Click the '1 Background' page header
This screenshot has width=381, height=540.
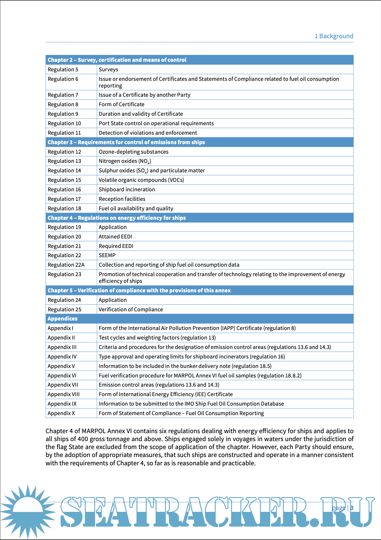click(334, 36)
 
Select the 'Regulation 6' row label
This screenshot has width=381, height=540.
click(63, 79)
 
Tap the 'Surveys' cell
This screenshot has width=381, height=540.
click(108, 69)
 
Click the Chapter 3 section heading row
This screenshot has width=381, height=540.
click(126, 142)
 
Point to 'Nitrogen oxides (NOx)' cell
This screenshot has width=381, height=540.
click(125, 161)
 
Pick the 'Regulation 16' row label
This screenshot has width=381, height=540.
click(64, 189)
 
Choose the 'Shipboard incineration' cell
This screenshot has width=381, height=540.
click(127, 189)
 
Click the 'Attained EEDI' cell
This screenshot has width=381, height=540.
click(115, 237)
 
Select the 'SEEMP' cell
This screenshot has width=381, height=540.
click(107, 255)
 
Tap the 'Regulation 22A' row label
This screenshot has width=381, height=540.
click(66, 265)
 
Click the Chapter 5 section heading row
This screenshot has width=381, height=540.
click(139, 291)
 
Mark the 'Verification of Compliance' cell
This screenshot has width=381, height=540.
click(131, 309)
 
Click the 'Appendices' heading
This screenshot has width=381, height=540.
click(63, 319)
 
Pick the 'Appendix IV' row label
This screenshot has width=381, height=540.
click(62, 357)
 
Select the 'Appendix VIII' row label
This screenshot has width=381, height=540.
click(64, 394)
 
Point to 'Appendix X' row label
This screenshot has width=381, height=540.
click(61, 413)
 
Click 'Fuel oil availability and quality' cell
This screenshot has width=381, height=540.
click(136, 208)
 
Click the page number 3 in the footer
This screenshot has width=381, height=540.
click(352, 508)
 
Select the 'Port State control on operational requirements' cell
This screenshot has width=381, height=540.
click(156, 123)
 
